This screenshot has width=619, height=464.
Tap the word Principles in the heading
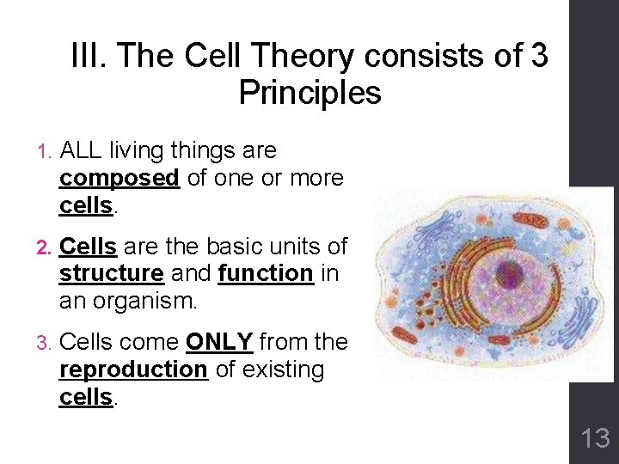click(309, 93)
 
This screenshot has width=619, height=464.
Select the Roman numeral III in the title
click(88, 57)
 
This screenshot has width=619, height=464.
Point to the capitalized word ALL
click(80, 150)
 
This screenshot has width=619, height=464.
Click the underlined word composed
click(119, 179)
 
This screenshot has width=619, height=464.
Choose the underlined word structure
click(111, 274)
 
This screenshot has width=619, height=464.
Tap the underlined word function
click(266, 274)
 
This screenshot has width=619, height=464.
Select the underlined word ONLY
click(219, 342)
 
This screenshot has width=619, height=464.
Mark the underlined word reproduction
click(133, 369)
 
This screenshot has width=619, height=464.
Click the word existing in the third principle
click(281, 369)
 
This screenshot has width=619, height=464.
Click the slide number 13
click(595, 439)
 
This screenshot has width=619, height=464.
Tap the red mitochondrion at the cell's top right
click(536, 222)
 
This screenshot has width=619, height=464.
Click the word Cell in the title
click(205, 57)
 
